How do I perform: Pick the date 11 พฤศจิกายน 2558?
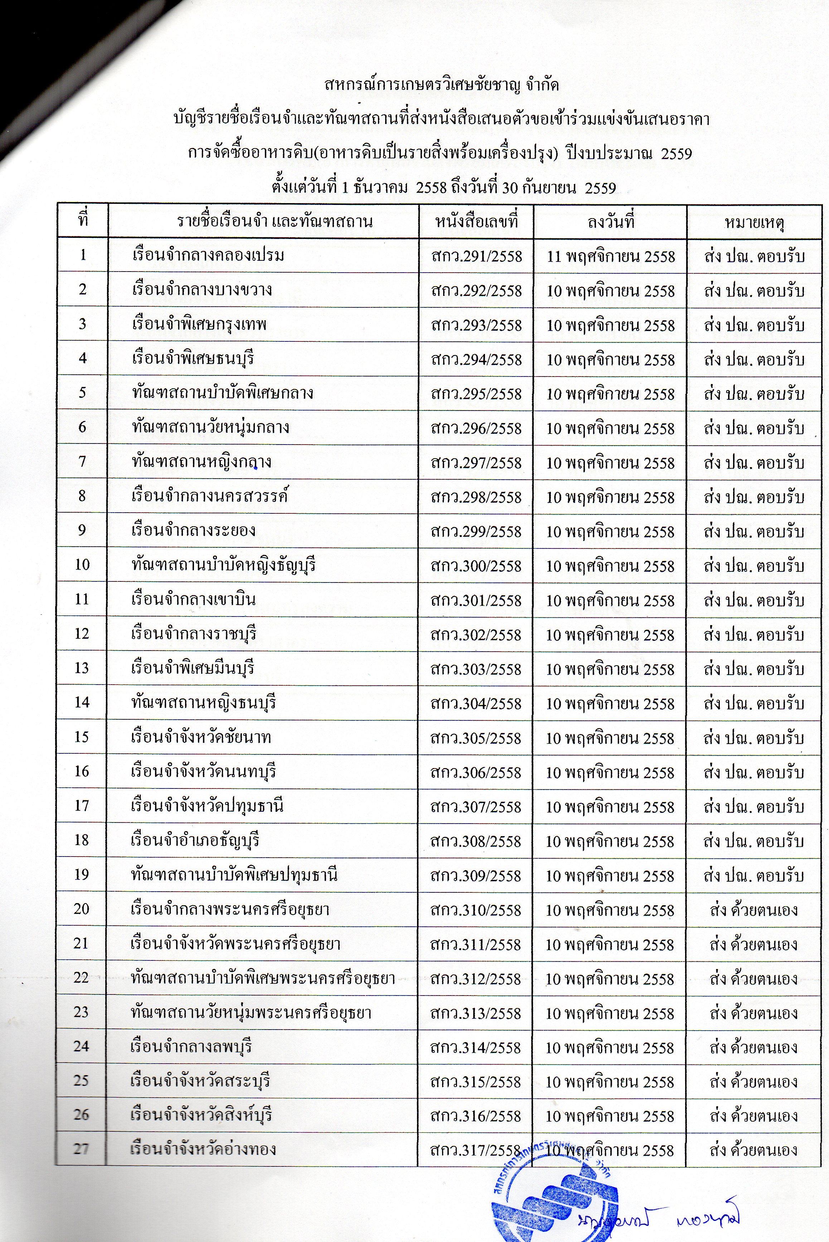[611, 256]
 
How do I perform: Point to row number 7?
[82, 461]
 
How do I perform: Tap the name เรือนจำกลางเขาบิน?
[194, 599]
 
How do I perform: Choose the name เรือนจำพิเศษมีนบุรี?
[193, 668]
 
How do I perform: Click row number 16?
[82, 771]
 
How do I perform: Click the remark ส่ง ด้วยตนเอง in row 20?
[753, 910]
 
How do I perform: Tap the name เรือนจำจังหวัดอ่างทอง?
[204, 1150]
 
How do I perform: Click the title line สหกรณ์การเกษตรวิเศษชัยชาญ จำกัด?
[441, 85]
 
